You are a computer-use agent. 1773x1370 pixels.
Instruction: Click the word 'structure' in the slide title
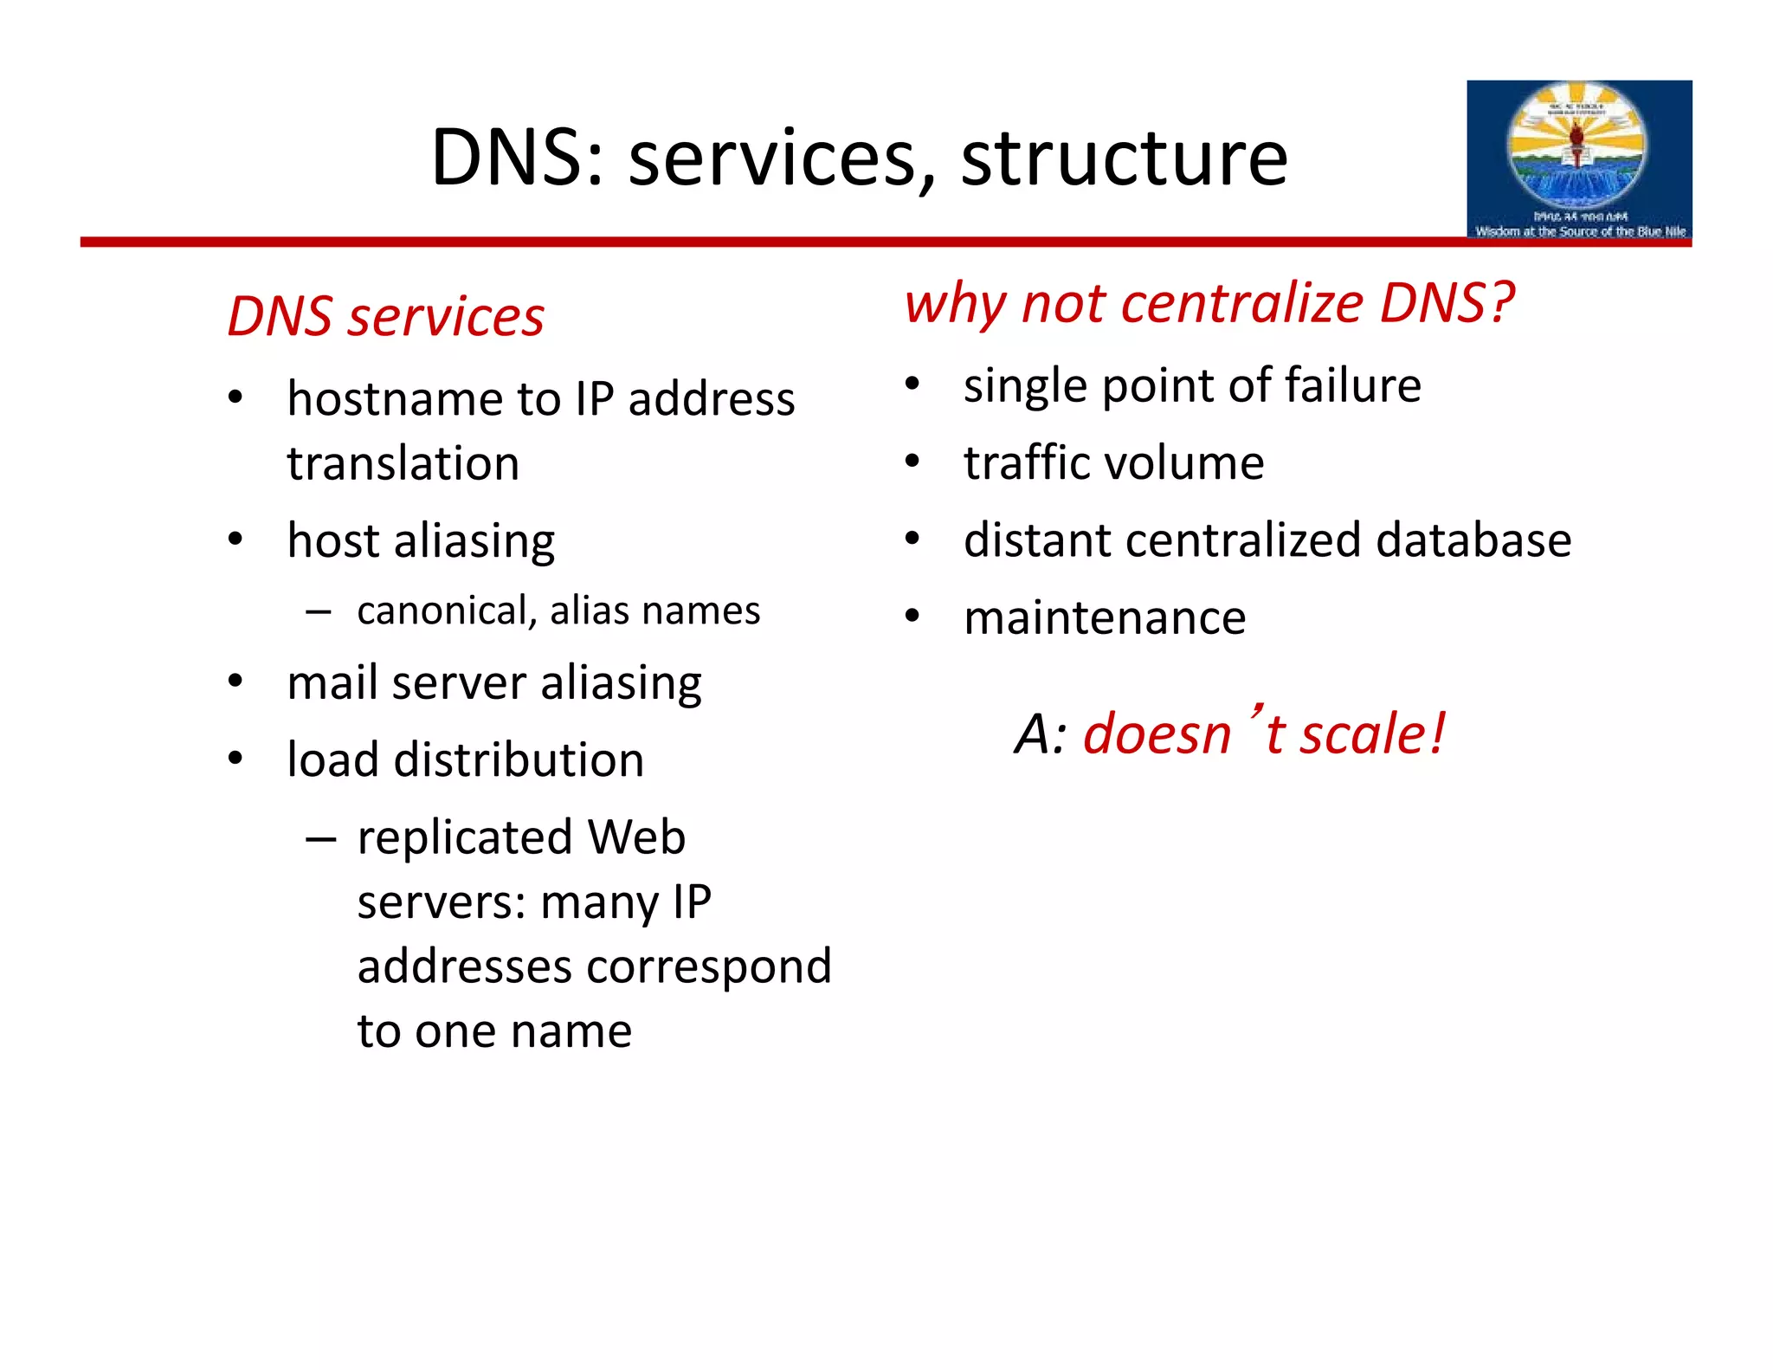1124,158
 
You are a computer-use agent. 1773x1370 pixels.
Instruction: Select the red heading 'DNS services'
385,316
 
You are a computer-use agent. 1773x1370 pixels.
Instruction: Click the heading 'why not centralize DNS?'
1209,303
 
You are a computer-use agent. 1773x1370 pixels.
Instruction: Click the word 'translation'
403,463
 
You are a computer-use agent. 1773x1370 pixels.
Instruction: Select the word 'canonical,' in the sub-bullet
448,611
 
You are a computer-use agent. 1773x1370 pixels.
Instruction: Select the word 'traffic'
1019,462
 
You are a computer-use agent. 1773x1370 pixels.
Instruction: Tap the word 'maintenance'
1105,618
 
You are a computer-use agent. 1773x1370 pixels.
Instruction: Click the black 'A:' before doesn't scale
1040,734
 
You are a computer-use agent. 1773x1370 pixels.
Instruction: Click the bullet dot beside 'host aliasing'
235,540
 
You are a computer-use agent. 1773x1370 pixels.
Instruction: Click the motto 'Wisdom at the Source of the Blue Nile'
1580,231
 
